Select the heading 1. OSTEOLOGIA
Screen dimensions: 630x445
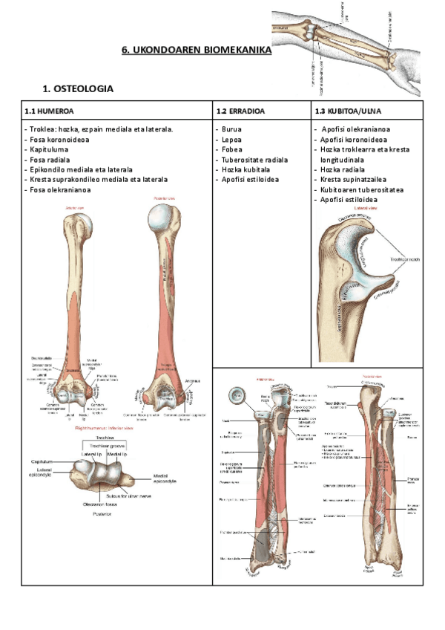(78, 89)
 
